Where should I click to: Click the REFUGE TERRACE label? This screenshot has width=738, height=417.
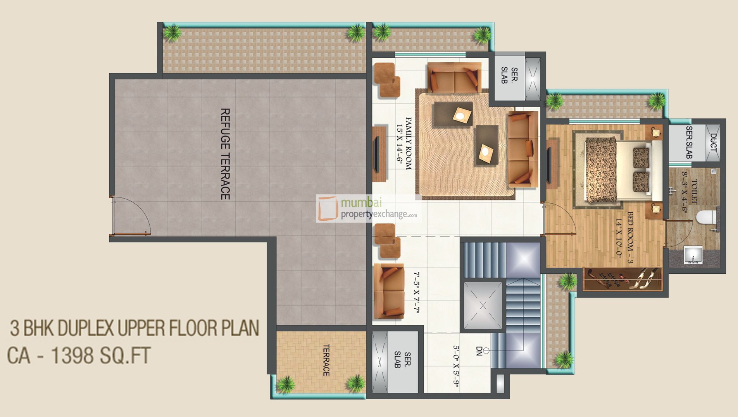(x=225, y=154)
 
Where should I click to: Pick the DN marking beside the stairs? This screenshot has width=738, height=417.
(x=479, y=351)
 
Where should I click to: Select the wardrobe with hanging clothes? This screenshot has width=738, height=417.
(x=622, y=279)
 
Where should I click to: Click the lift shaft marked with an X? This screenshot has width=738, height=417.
(x=483, y=306)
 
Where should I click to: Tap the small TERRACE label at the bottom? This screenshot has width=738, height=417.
(x=326, y=360)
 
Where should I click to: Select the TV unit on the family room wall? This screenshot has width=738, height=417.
(x=379, y=153)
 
